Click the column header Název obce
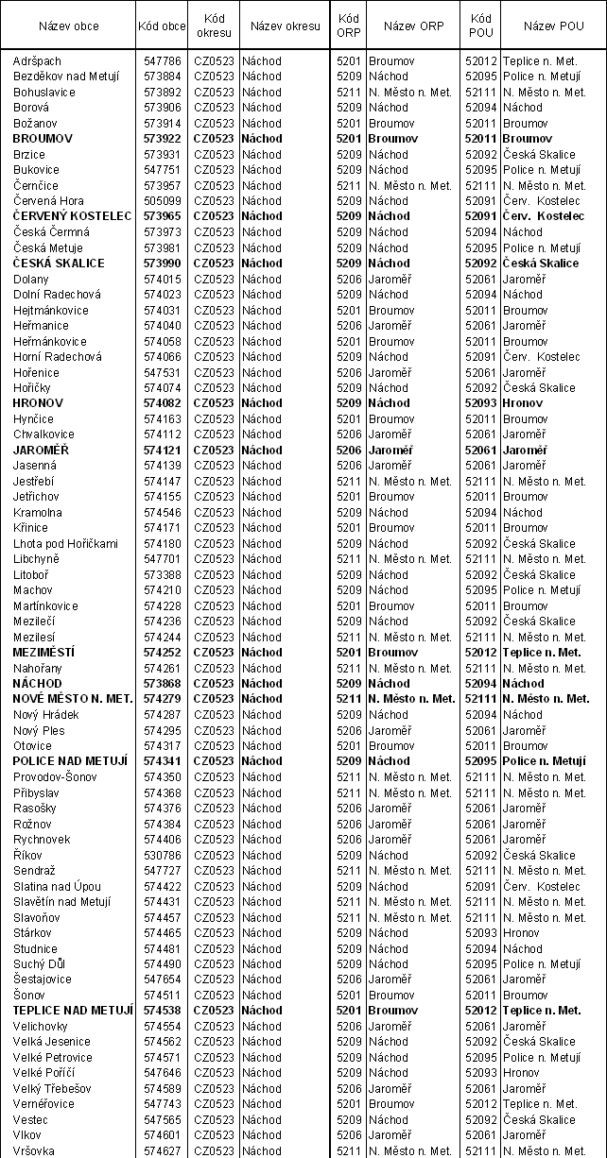coord(66,26)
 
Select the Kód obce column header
coord(162,26)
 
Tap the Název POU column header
coord(552,26)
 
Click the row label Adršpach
coord(37,60)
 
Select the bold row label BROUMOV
coord(41,139)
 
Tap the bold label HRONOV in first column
coord(38,403)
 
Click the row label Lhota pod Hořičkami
coord(65,544)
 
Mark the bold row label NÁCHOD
coord(38,684)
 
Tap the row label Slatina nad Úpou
coord(57,886)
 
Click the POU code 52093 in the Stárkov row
coord(481,933)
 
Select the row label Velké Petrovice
coord(53,1058)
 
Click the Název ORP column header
coord(412,26)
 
